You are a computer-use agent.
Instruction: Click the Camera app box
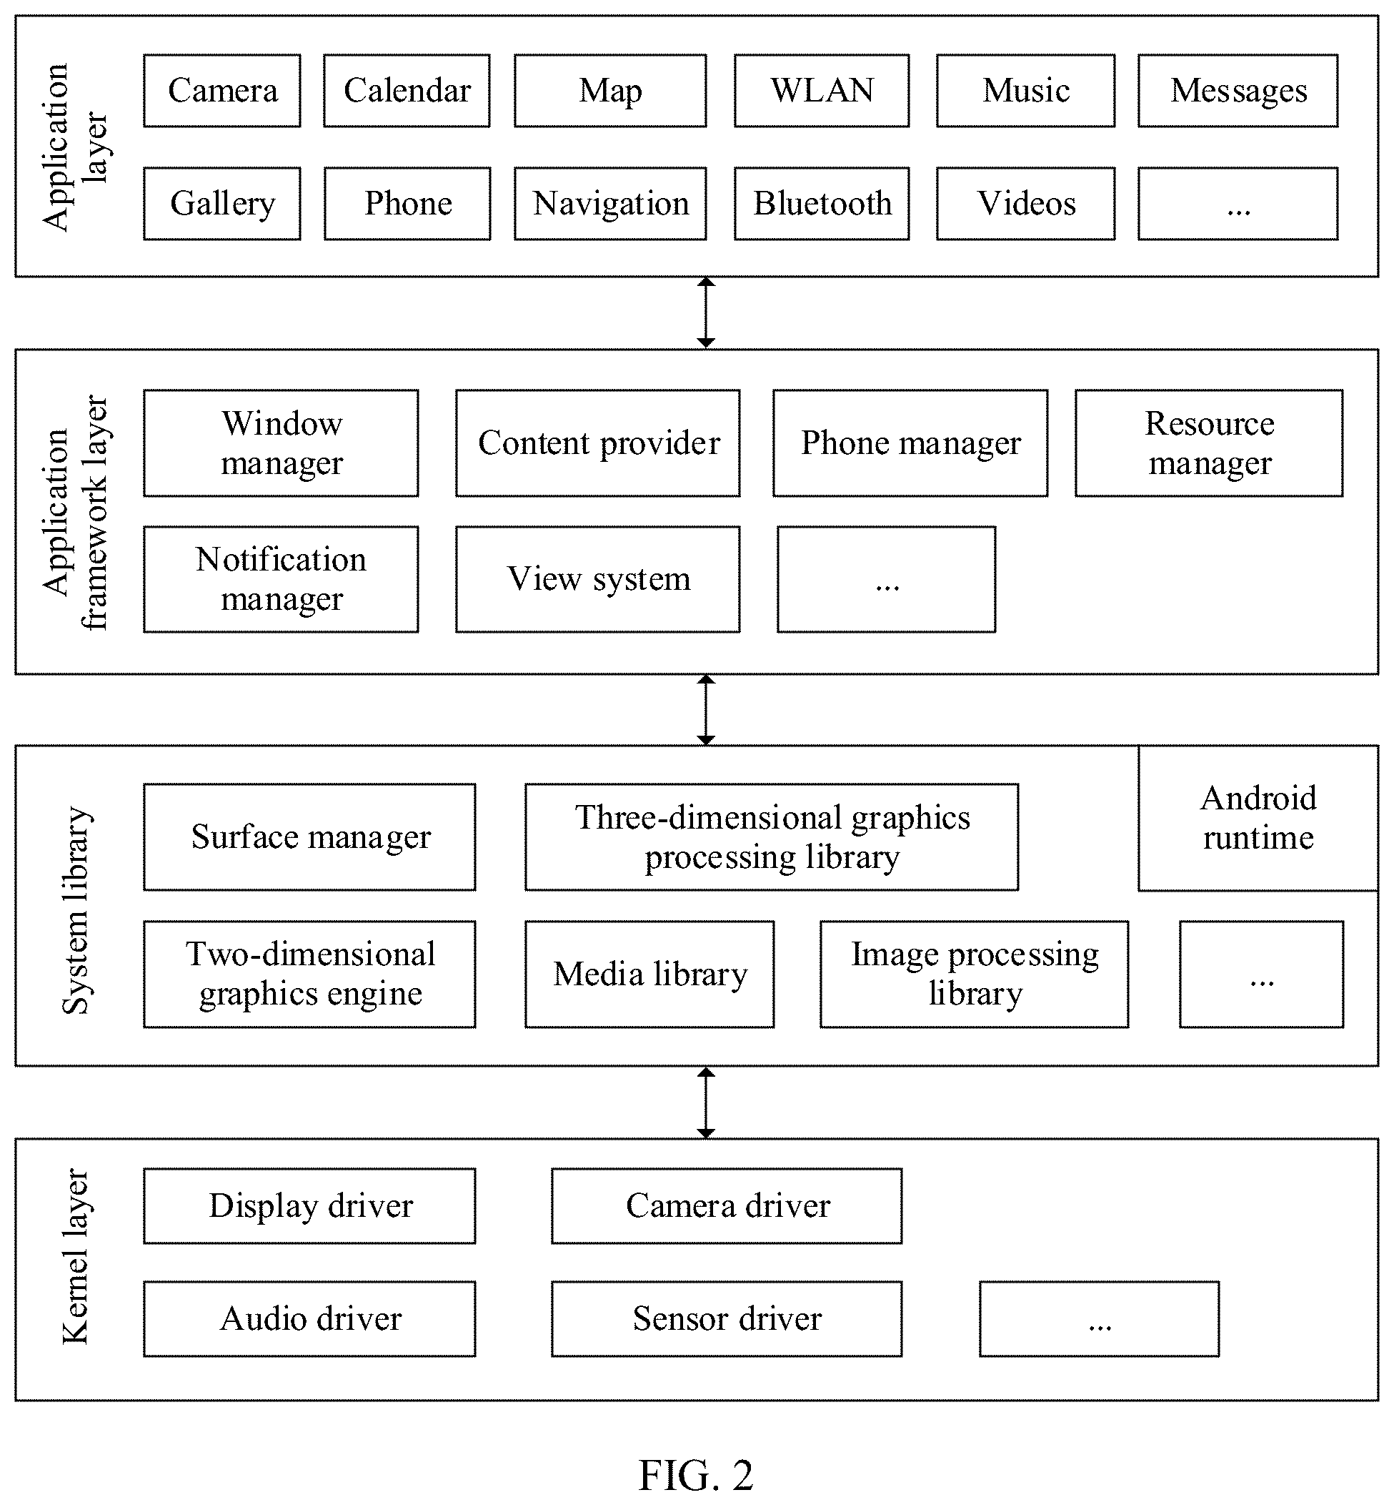[221, 91]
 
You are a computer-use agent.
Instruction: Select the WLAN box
[822, 91]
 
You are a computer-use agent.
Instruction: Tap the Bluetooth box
[822, 204]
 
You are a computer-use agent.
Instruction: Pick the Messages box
[1238, 91]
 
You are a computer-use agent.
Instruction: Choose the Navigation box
[610, 204]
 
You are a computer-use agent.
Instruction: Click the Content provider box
[597, 443]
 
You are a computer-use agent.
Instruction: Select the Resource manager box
[1209, 443]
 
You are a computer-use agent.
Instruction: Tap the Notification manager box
[281, 579]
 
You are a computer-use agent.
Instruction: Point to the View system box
[597, 579]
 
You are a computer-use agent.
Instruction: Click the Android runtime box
[1258, 818]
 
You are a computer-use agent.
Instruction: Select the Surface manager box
[309, 837]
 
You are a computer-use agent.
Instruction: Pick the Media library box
[649, 974]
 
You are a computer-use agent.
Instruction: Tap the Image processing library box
[975, 974]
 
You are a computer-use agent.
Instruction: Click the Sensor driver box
[727, 1318]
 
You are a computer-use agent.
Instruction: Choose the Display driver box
[309, 1206]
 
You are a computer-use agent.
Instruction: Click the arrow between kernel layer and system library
[705, 1102]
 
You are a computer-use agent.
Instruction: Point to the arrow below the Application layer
[705, 312]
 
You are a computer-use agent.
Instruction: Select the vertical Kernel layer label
[76, 1257]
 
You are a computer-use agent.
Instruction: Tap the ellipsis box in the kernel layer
[1099, 1318]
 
